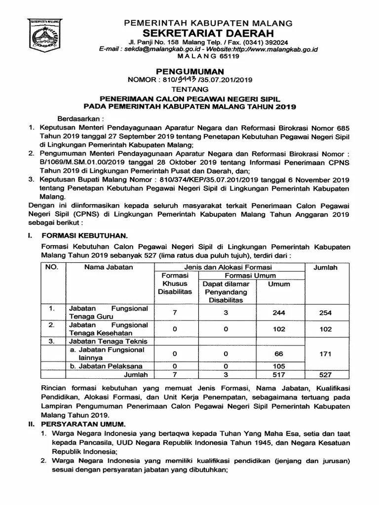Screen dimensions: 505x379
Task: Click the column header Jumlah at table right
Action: point(326,267)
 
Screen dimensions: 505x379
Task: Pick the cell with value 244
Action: point(279,313)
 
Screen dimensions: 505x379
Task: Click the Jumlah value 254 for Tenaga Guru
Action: point(325,313)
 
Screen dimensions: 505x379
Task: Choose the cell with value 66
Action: point(279,354)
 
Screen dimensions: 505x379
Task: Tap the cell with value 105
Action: point(279,366)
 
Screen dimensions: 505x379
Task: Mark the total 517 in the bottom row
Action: point(279,375)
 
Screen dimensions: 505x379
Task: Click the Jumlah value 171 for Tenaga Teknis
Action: point(325,354)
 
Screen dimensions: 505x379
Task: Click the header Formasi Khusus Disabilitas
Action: point(175,284)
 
